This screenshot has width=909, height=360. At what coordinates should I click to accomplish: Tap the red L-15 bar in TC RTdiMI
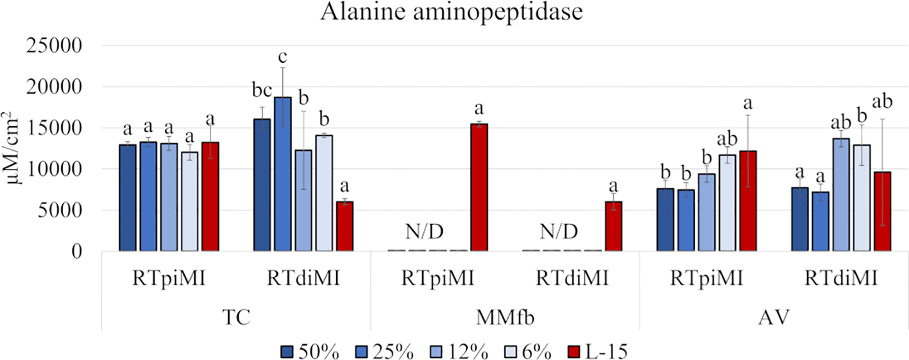(x=345, y=227)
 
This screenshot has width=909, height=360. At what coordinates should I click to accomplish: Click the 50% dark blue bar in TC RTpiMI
(x=128, y=198)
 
